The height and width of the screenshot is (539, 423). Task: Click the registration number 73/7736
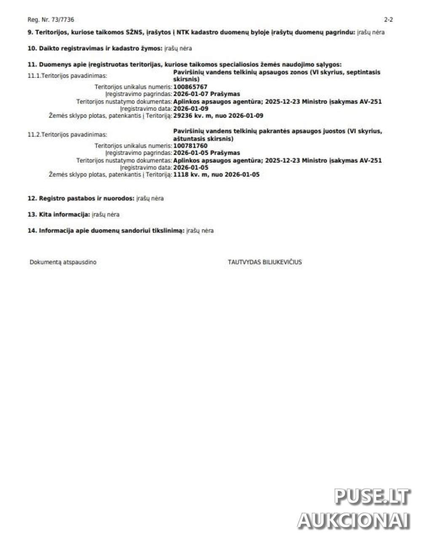coord(57,20)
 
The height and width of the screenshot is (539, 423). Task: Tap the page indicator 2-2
coord(388,20)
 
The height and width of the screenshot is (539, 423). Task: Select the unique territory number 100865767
coord(190,87)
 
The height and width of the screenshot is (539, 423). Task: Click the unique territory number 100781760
coord(190,146)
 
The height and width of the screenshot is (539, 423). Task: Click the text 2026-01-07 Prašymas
coord(206,94)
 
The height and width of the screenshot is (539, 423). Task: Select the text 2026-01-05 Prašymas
coord(206,153)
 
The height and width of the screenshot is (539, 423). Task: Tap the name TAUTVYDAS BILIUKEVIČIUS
coord(265,262)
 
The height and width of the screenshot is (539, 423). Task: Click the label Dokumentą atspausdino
coord(63,262)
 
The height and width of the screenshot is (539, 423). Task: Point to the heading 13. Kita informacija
coord(59,214)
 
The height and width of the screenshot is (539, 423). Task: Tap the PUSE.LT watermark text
coord(372,497)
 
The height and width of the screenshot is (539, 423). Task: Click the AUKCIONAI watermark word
coord(353,520)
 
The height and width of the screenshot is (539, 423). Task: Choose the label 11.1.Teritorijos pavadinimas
coord(67,76)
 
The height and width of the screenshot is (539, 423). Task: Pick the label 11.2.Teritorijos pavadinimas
coord(67,135)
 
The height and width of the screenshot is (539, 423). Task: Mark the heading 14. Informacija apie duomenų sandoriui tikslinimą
coord(106,231)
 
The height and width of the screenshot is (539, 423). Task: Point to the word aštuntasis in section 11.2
coord(188,139)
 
